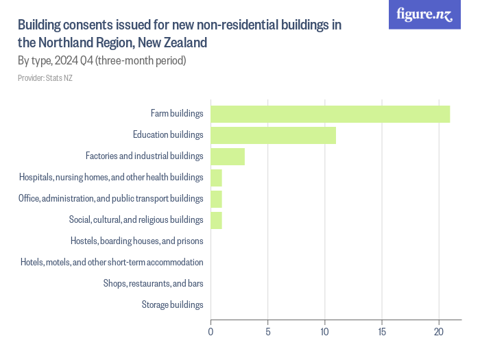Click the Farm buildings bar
[x=330, y=114]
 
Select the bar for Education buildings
[x=273, y=135]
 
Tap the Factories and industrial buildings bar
[x=228, y=156]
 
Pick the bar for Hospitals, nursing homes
[x=216, y=178]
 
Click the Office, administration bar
[x=216, y=199]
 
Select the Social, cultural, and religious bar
[x=216, y=220]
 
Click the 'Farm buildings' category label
[x=177, y=114]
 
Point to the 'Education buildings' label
[x=168, y=135]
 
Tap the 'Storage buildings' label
[x=172, y=304]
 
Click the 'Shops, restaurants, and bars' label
[x=153, y=283]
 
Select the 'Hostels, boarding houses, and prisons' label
[x=136, y=241]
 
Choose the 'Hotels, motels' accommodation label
[x=112, y=262]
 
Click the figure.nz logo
[x=425, y=15]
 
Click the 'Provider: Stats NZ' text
[x=45, y=78]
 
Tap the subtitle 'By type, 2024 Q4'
[x=102, y=61]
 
